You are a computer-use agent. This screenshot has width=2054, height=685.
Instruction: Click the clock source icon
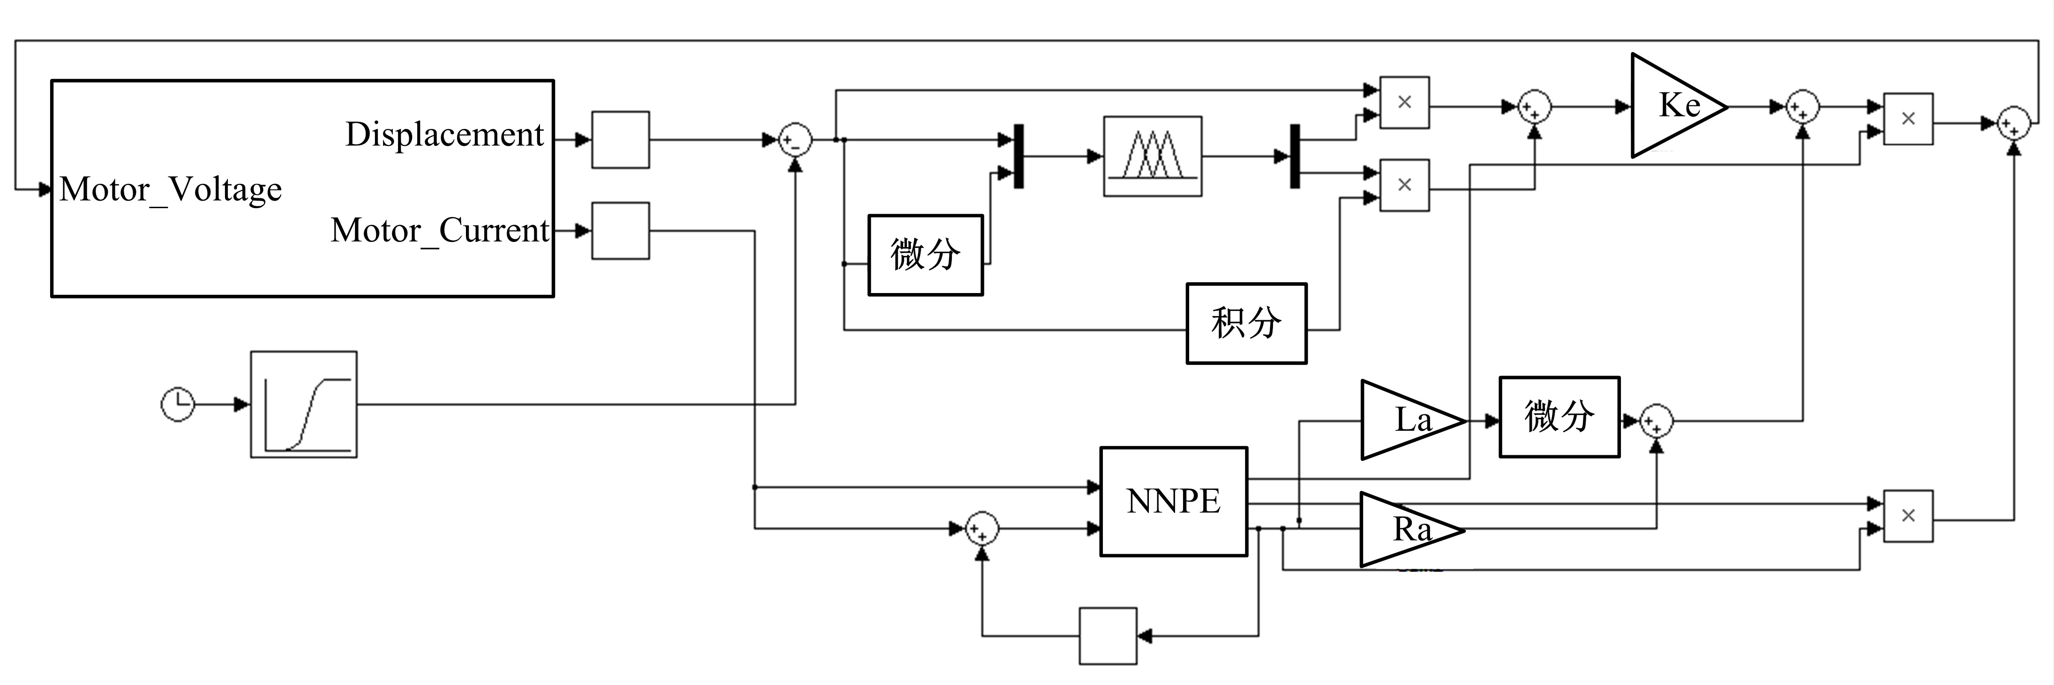[x=178, y=404]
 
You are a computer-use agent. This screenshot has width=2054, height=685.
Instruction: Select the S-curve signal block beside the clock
[x=304, y=404]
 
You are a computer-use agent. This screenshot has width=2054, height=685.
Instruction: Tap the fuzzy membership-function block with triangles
[x=1152, y=156]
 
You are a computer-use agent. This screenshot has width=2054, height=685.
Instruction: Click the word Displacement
[x=444, y=134]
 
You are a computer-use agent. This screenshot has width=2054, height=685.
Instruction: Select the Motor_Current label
[x=439, y=231]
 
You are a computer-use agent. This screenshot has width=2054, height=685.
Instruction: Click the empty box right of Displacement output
[x=620, y=140]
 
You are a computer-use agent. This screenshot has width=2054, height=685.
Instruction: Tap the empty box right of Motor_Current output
[x=620, y=231]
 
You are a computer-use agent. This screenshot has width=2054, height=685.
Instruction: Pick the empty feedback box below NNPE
[x=1108, y=636]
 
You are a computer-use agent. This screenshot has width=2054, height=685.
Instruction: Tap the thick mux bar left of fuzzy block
[x=1018, y=156]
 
